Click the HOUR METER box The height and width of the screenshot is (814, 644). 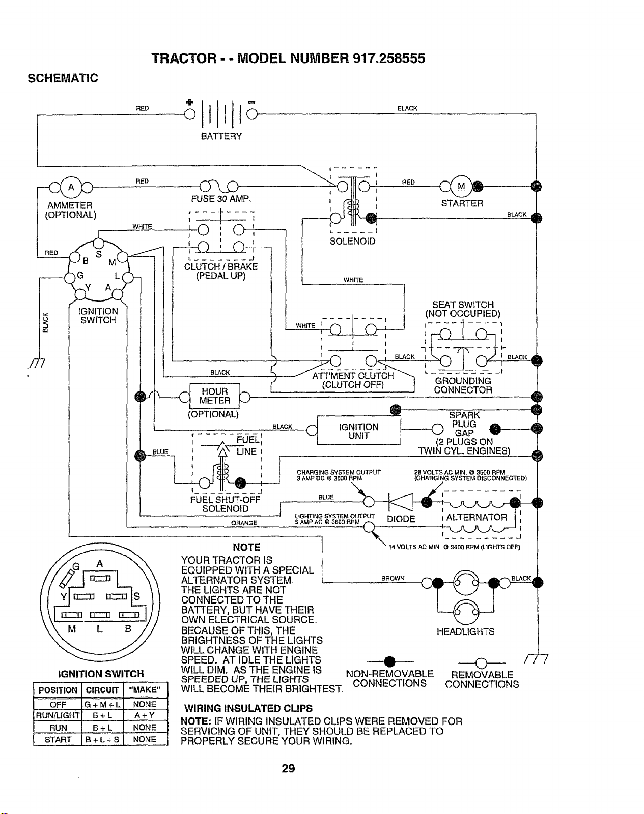pyautogui.click(x=214, y=396)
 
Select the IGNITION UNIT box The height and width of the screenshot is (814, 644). pyautogui.click(x=359, y=431)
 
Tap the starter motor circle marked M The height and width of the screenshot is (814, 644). pyautogui.click(x=461, y=186)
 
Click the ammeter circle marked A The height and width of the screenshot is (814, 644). pyautogui.click(x=71, y=187)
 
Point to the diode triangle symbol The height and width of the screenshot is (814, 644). pyautogui.click(x=401, y=502)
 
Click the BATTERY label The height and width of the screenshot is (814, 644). pyautogui.click(x=221, y=136)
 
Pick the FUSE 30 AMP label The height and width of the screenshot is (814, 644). pyautogui.click(x=220, y=199)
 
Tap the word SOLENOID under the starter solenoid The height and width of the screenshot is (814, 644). pyautogui.click(x=352, y=242)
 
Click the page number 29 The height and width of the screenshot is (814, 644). pyautogui.click(x=288, y=768)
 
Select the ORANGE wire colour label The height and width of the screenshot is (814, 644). pyautogui.click(x=244, y=523)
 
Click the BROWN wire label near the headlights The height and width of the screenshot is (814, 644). pyautogui.click(x=393, y=579)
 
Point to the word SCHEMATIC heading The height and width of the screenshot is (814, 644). pyautogui.click(x=63, y=78)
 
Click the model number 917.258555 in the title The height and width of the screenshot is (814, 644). pyautogui.click(x=389, y=58)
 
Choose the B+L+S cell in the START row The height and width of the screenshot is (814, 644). pyautogui.click(x=103, y=739)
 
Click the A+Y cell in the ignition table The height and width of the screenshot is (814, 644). pyautogui.click(x=145, y=715)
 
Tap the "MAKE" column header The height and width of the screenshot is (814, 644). pyautogui.click(x=145, y=690)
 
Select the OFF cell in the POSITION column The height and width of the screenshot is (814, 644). pyautogui.click(x=58, y=704)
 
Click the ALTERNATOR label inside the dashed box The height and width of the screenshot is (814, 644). pyautogui.click(x=477, y=517)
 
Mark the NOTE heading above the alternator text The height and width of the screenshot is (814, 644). pyautogui.click(x=246, y=548)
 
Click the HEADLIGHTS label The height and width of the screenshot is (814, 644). pyautogui.click(x=466, y=631)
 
